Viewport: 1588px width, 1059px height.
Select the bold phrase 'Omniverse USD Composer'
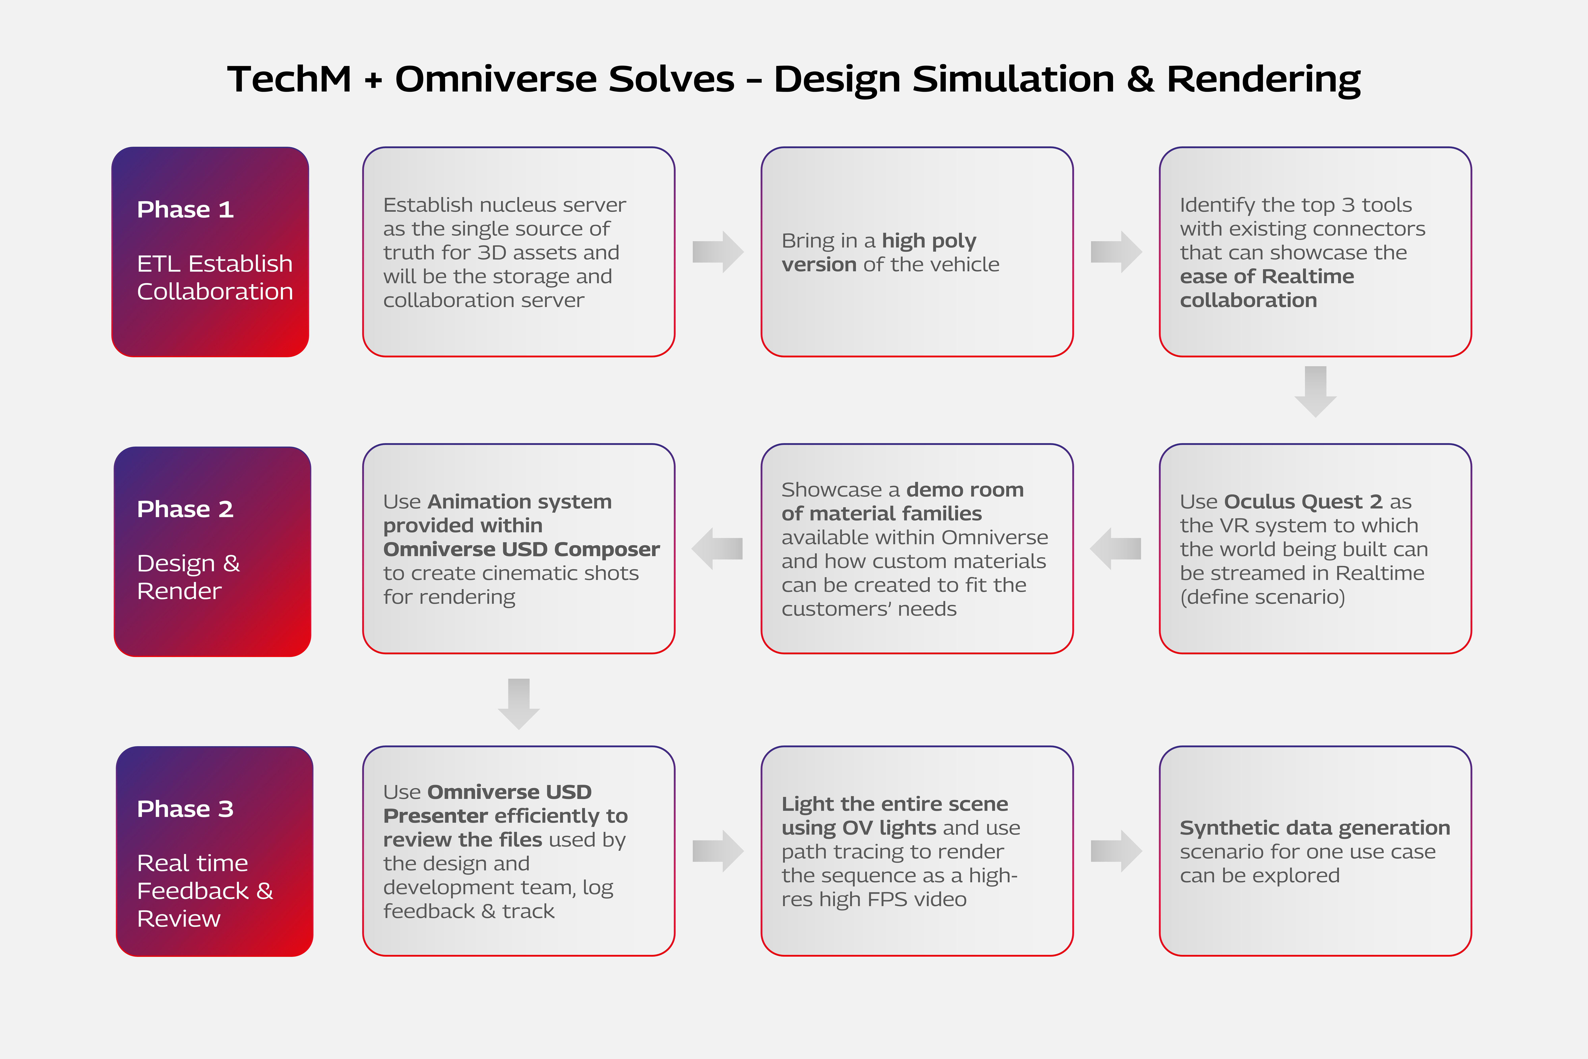521,549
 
